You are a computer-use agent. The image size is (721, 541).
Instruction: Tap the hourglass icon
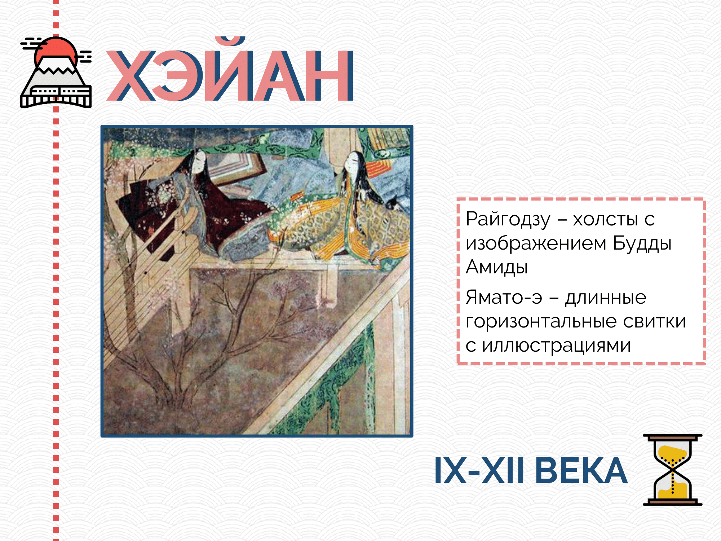click(x=673, y=470)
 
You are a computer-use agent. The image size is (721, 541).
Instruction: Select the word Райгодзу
click(x=508, y=219)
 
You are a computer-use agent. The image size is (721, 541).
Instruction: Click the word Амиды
click(x=497, y=267)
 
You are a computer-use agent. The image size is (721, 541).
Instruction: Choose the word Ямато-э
click(x=504, y=297)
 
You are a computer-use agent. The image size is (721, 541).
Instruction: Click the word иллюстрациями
click(x=557, y=346)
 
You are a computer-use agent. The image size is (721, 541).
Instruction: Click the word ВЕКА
click(x=581, y=470)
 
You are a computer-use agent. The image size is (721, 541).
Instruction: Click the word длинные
click(x=606, y=298)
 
